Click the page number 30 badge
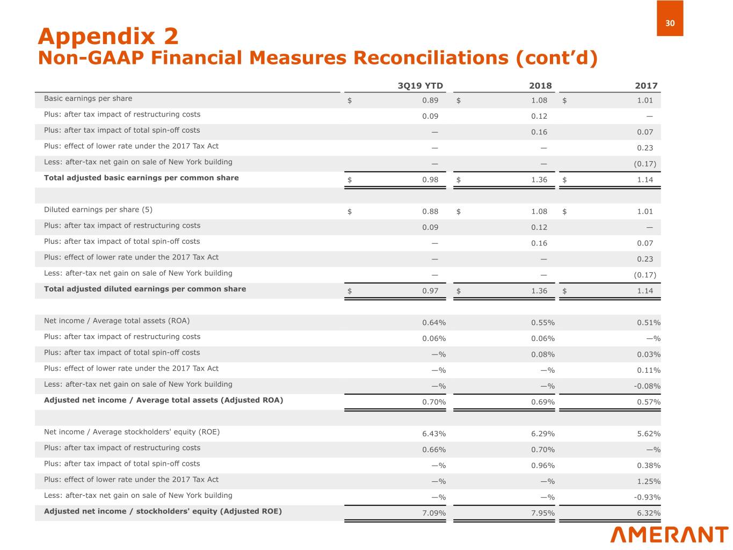pyautogui.click(x=670, y=23)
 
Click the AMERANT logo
pyautogui.click(x=669, y=535)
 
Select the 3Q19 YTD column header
pyautogui.click(x=420, y=86)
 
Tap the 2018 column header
pyautogui.click(x=540, y=86)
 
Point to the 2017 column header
pyautogui.click(x=646, y=86)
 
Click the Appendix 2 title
pyautogui.click(x=108, y=37)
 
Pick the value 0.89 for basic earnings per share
pyautogui.click(x=430, y=100)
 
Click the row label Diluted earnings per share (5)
pyautogui.click(x=98, y=209)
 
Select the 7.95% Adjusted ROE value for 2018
pyautogui.click(x=543, y=513)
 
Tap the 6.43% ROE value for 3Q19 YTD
pyautogui.click(x=434, y=434)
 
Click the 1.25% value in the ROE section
pyautogui.click(x=649, y=481)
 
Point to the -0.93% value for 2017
pyautogui.click(x=647, y=497)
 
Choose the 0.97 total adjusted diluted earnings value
pyautogui.click(x=430, y=291)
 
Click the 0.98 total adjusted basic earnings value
pyautogui.click(x=430, y=180)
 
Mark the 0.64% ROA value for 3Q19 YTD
pyautogui.click(x=434, y=323)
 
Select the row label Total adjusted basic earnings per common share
pyautogui.click(x=141, y=178)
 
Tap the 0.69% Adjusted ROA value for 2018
pyautogui.click(x=543, y=402)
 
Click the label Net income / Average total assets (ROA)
pyautogui.click(x=117, y=321)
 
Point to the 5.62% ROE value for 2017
pyautogui.click(x=649, y=434)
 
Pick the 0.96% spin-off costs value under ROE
pyautogui.click(x=543, y=466)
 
